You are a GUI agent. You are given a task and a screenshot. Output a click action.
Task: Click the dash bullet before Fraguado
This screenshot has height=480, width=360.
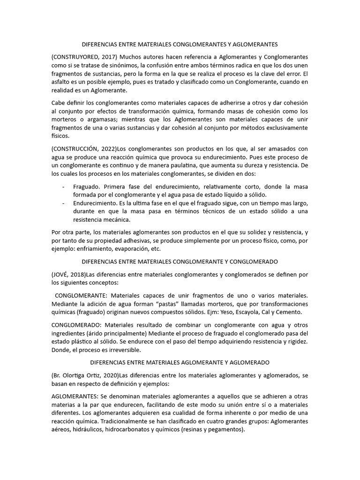click(63, 187)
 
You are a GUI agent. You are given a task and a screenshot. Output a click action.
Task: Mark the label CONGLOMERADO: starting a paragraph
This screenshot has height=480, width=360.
click(75, 324)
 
